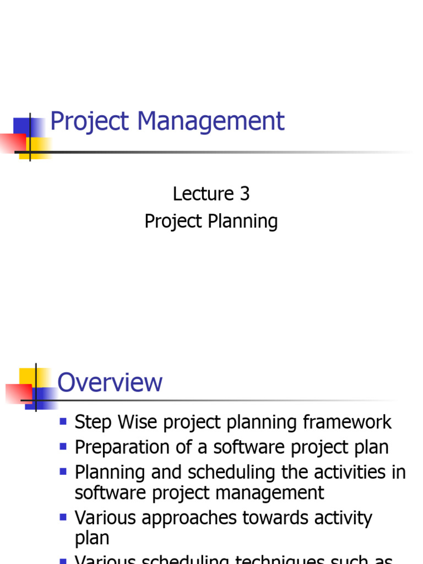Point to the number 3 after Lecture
[x=245, y=194]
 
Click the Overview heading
[x=110, y=382]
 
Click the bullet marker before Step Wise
[x=63, y=422]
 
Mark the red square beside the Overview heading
[x=18, y=393]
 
